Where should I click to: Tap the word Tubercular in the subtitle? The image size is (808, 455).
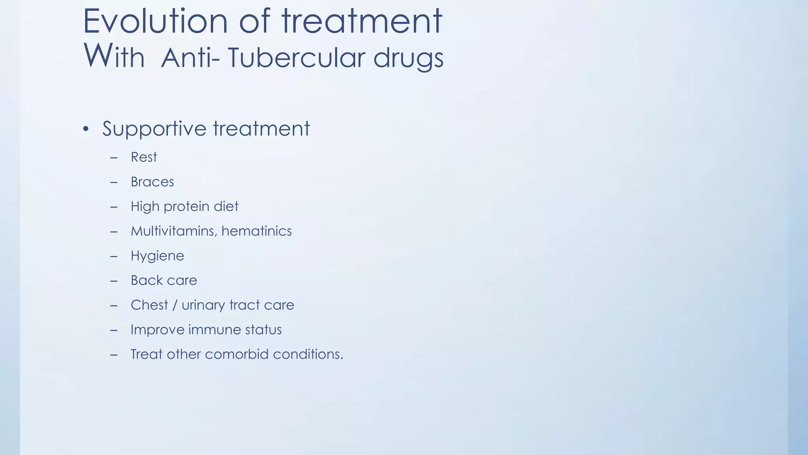296,58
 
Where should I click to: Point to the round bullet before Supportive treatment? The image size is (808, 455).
86,129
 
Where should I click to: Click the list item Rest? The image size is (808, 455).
144,157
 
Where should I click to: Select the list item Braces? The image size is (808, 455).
152,182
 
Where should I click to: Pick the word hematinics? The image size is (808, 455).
256,231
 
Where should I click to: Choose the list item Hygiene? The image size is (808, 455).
157,256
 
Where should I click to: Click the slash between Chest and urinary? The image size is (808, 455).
175,305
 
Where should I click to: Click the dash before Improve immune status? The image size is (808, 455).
114,330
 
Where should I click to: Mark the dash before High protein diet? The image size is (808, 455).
114,207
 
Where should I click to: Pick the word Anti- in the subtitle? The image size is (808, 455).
191,58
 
